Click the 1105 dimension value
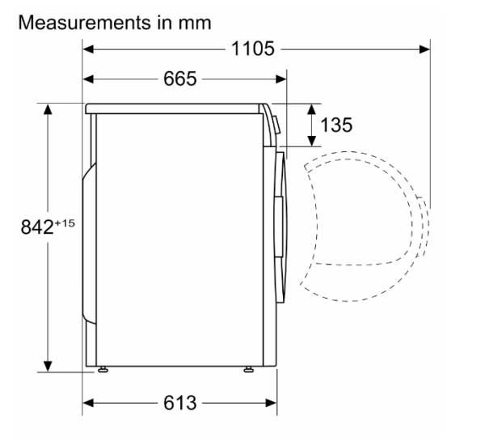253,49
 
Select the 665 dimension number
179,78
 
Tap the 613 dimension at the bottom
179,403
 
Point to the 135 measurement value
336,125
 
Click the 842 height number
37,227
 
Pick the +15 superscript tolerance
65,223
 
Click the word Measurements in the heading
84,23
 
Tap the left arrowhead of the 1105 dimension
88,49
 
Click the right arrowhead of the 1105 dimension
424,49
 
